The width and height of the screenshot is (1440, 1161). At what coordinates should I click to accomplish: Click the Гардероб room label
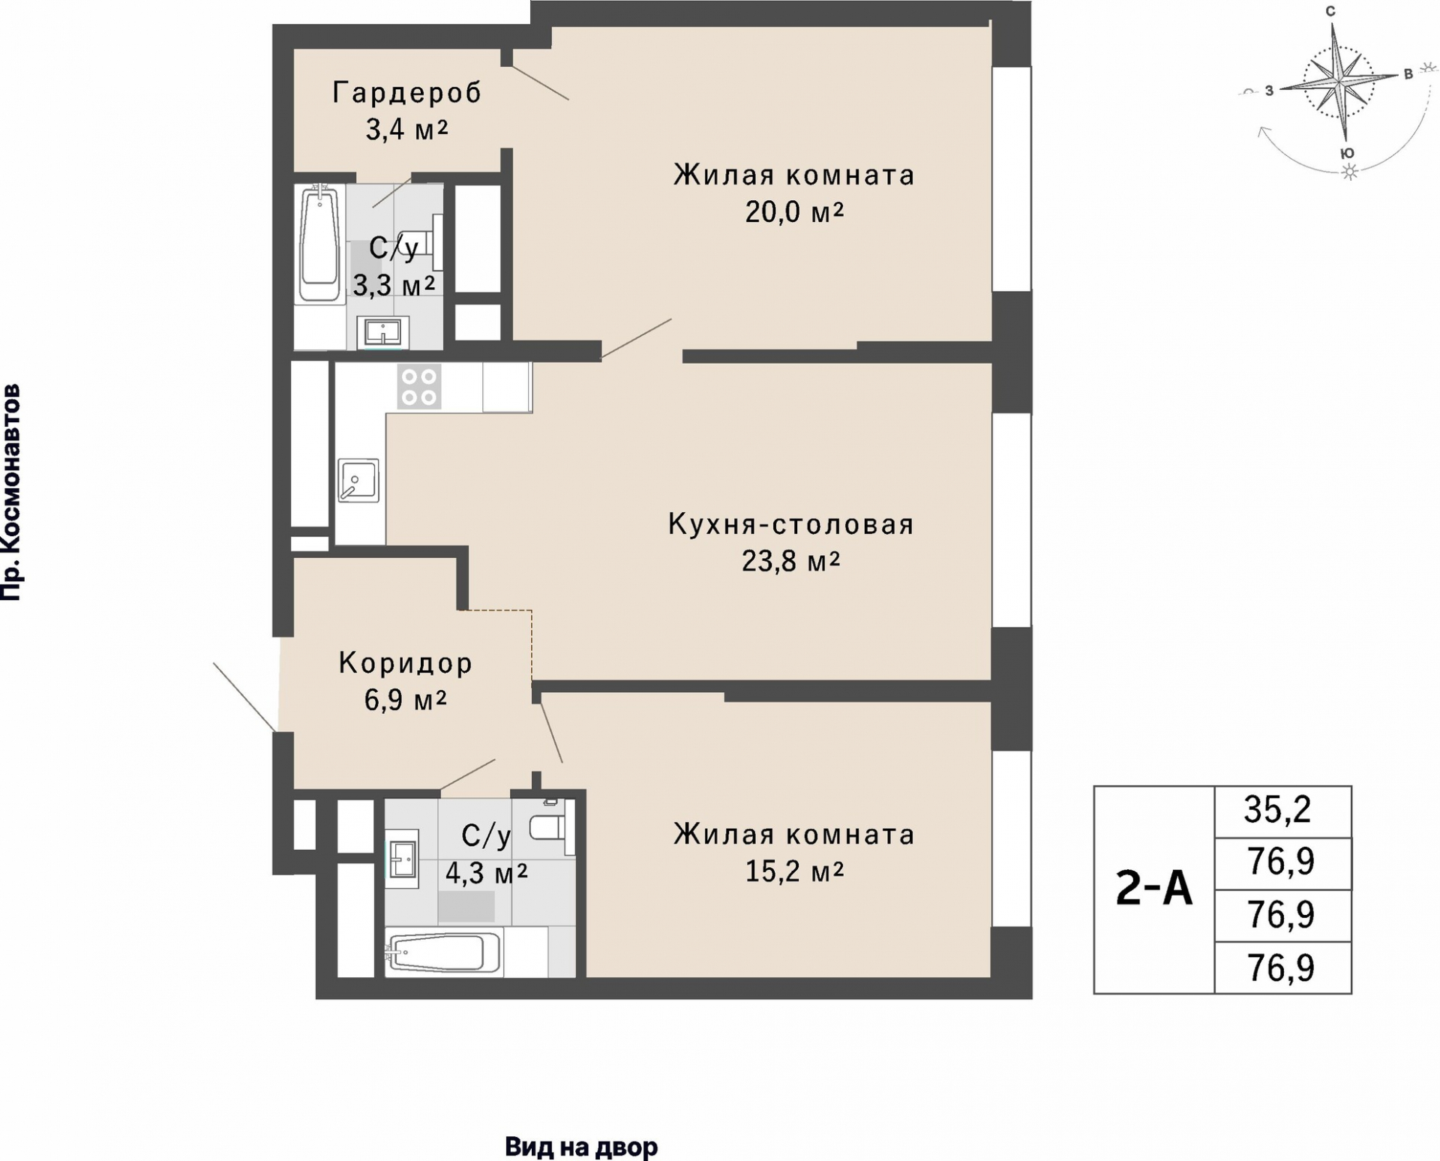point(406,93)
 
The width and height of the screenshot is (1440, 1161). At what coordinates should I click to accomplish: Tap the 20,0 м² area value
point(794,212)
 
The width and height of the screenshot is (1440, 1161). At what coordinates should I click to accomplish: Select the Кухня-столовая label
point(791,524)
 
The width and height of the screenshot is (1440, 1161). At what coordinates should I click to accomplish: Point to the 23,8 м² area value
point(790,560)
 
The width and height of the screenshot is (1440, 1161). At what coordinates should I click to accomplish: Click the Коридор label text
point(406,663)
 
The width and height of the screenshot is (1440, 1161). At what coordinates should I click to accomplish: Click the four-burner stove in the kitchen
point(419,387)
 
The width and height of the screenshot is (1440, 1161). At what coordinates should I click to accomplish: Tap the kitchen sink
point(358,480)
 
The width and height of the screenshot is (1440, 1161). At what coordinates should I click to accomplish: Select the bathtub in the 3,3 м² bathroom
point(320,243)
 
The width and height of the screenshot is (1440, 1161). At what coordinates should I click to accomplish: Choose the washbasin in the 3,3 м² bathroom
point(386,332)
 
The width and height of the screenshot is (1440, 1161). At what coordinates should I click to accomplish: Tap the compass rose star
point(1339,82)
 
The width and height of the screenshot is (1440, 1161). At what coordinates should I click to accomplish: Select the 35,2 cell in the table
point(1282,811)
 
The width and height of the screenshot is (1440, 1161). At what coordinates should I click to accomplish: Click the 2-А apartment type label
point(1153,890)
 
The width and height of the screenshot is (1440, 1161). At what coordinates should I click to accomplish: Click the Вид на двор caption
point(581,1147)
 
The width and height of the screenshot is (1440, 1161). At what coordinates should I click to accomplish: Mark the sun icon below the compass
point(1350,172)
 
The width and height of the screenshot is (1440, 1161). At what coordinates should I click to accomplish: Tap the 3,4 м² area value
point(406,130)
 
